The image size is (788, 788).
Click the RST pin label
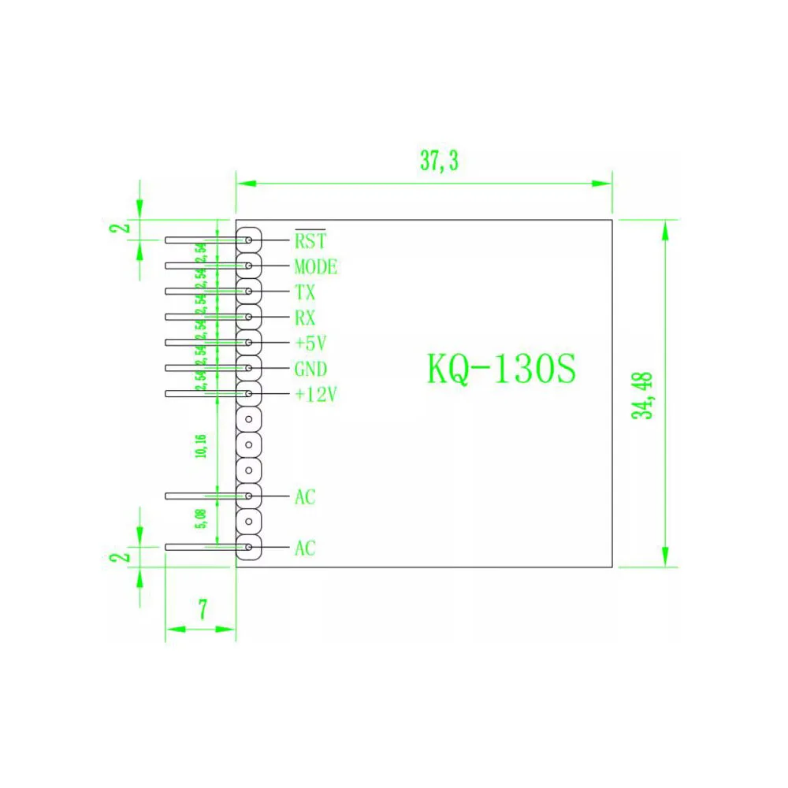[310, 240]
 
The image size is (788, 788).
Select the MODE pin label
[315, 266]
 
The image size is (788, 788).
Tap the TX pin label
[305, 292]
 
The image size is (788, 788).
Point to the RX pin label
[305, 318]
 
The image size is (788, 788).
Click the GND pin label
[310, 369]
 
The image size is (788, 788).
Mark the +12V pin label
[315, 395]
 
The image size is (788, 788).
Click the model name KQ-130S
[502, 370]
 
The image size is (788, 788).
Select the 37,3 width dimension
[439, 162]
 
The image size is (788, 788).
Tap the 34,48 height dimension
[648, 394]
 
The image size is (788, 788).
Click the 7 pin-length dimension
[203, 609]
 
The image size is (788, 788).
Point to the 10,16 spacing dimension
[201, 446]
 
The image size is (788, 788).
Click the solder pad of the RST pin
[249, 240]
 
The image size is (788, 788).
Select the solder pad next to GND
[249, 368]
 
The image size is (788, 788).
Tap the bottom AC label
[305, 548]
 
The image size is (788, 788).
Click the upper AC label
[305, 497]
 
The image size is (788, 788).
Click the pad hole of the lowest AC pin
[249, 547]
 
